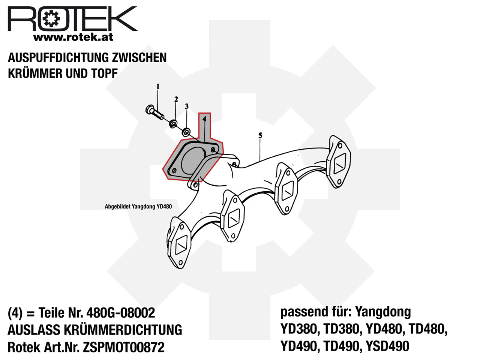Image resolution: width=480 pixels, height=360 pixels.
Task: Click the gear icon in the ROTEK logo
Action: pyautogui.click(x=51, y=19)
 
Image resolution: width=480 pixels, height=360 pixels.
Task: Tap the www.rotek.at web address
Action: pyautogui.click(x=73, y=37)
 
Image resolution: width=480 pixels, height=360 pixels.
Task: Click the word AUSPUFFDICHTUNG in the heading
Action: pyautogui.click(x=58, y=58)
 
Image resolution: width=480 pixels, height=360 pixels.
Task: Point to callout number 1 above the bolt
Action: pyautogui.click(x=157, y=87)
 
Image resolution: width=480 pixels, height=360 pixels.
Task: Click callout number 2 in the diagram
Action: pyautogui.click(x=176, y=99)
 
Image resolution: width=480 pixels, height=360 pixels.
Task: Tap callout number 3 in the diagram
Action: pyautogui.click(x=186, y=106)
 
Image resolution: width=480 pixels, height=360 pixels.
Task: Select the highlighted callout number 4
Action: pyautogui.click(x=204, y=119)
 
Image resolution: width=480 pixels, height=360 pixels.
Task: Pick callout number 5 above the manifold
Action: pyautogui.click(x=260, y=135)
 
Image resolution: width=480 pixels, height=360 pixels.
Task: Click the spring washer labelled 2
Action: pyautogui.click(x=173, y=123)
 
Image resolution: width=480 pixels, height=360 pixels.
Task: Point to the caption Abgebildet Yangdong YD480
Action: pyautogui.click(x=138, y=206)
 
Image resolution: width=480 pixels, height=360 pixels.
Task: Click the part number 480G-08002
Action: pyautogui.click(x=121, y=313)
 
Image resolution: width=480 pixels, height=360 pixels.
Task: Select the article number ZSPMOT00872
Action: pyautogui.click(x=123, y=347)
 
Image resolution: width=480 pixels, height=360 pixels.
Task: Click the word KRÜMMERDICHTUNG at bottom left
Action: pyautogui.click(x=123, y=330)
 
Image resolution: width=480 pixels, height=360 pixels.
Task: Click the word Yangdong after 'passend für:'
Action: pyautogui.click(x=382, y=312)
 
